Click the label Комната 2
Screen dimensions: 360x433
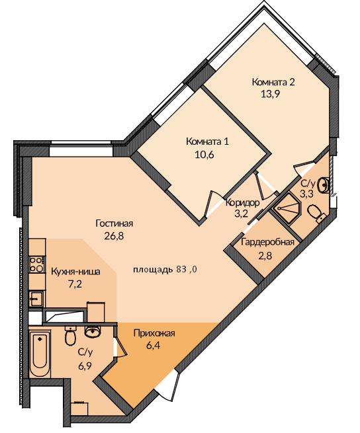273,82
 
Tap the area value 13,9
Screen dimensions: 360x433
271,94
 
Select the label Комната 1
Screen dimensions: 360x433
207,141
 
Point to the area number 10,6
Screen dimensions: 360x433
204,155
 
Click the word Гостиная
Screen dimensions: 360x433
114,223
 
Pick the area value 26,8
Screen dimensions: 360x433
114,236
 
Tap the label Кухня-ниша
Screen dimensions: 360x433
75,272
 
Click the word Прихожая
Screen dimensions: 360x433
154,333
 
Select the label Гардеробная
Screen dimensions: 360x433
267,242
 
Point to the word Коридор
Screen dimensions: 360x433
242,203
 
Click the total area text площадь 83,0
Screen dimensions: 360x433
165,269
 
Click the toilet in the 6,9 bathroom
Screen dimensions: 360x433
71,336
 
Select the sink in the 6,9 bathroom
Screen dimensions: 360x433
93,331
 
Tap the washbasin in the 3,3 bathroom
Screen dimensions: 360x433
323,185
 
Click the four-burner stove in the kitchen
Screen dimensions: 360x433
36,264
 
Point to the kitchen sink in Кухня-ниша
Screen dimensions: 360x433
36,299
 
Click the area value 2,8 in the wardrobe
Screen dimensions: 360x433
265,255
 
